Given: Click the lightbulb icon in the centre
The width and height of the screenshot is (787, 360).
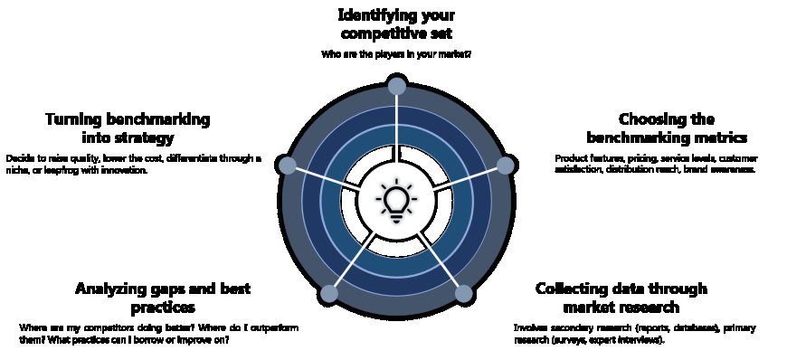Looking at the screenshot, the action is tap(396, 201).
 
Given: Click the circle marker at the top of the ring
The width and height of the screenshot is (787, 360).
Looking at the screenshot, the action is tap(396, 86).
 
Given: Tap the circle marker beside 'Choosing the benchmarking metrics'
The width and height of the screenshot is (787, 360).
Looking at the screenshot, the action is tap(507, 165).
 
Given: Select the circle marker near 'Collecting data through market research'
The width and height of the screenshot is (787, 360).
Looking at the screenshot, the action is tap(463, 293).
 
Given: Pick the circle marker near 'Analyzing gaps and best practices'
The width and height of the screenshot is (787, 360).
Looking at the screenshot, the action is tap(329, 293).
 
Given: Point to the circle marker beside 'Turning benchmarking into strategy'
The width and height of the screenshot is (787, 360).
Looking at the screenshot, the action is tap(287, 165).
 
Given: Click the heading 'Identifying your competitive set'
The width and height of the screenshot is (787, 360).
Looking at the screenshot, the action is tap(396, 24).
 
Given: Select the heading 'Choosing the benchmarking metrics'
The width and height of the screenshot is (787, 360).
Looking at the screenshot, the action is tap(667, 128).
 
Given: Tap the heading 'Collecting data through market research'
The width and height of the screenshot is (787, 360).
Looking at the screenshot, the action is tap(621, 298).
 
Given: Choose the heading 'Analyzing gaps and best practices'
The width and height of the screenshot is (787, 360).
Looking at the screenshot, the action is tap(163, 298).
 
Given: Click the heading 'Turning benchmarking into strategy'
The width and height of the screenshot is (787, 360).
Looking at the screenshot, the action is tap(128, 128).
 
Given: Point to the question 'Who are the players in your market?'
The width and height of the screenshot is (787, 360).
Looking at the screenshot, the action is tap(396, 54).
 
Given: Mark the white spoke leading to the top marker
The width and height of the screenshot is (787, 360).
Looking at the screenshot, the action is tap(396, 127).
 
